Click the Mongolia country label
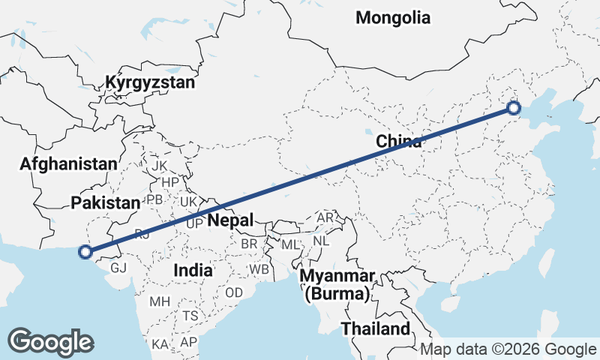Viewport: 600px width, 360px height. [393, 17]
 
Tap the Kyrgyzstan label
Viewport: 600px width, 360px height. [150, 82]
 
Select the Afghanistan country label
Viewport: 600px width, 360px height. [69, 163]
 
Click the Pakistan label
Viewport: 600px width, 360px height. [106, 202]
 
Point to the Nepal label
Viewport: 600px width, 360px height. [231, 220]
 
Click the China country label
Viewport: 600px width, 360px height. [398, 141]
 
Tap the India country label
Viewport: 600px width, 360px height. [192, 269]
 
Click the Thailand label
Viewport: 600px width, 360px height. [376, 328]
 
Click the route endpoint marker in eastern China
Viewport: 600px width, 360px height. [514, 108]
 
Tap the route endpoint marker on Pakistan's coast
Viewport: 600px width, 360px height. [85, 252]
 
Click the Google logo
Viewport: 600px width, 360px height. [50, 342]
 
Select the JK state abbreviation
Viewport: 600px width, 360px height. [160, 165]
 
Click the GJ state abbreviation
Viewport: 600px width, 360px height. [118, 268]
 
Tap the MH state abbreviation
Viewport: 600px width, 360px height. [160, 302]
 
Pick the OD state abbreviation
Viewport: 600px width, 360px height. [233, 292]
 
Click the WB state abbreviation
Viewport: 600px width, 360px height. [259, 268]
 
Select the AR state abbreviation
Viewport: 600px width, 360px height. [325, 217]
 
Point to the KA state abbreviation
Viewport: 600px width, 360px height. [160, 343]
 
